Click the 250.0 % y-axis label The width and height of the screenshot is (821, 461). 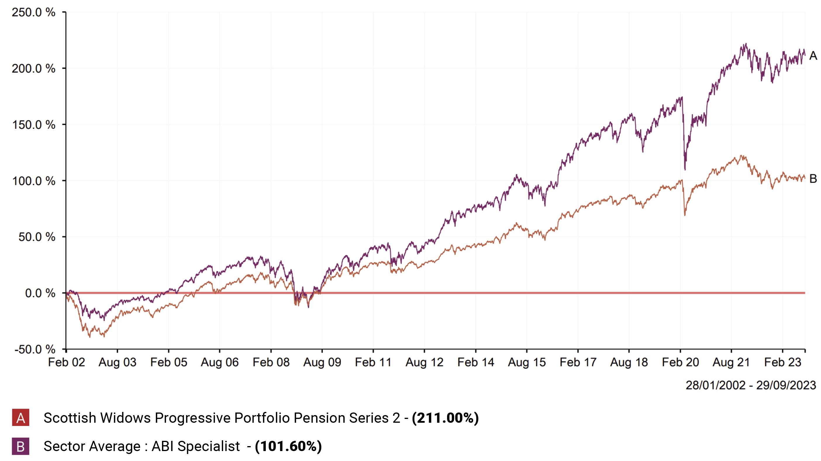click(33, 13)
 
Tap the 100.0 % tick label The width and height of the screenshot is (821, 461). click(33, 181)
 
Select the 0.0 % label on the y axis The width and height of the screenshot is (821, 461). click(40, 293)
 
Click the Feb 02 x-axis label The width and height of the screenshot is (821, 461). click(66, 362)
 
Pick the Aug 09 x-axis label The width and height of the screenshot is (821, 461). click(322, 362)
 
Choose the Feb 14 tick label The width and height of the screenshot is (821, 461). click(475, 362)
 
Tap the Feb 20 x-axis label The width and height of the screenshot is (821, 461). click(680, 362)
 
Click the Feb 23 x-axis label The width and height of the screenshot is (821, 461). click(782, 362)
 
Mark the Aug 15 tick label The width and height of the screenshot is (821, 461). click(527, 362)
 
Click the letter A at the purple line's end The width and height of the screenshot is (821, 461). click(813, 56)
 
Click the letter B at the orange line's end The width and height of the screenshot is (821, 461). click(813, 178)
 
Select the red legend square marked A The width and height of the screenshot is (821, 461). click(21, 417)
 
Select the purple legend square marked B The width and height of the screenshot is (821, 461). click(21, 446)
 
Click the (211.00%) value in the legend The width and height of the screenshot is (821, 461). click(445, 418)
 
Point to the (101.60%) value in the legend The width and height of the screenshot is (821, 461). click(288, 446)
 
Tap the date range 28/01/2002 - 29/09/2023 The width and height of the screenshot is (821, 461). click(751, 385)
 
